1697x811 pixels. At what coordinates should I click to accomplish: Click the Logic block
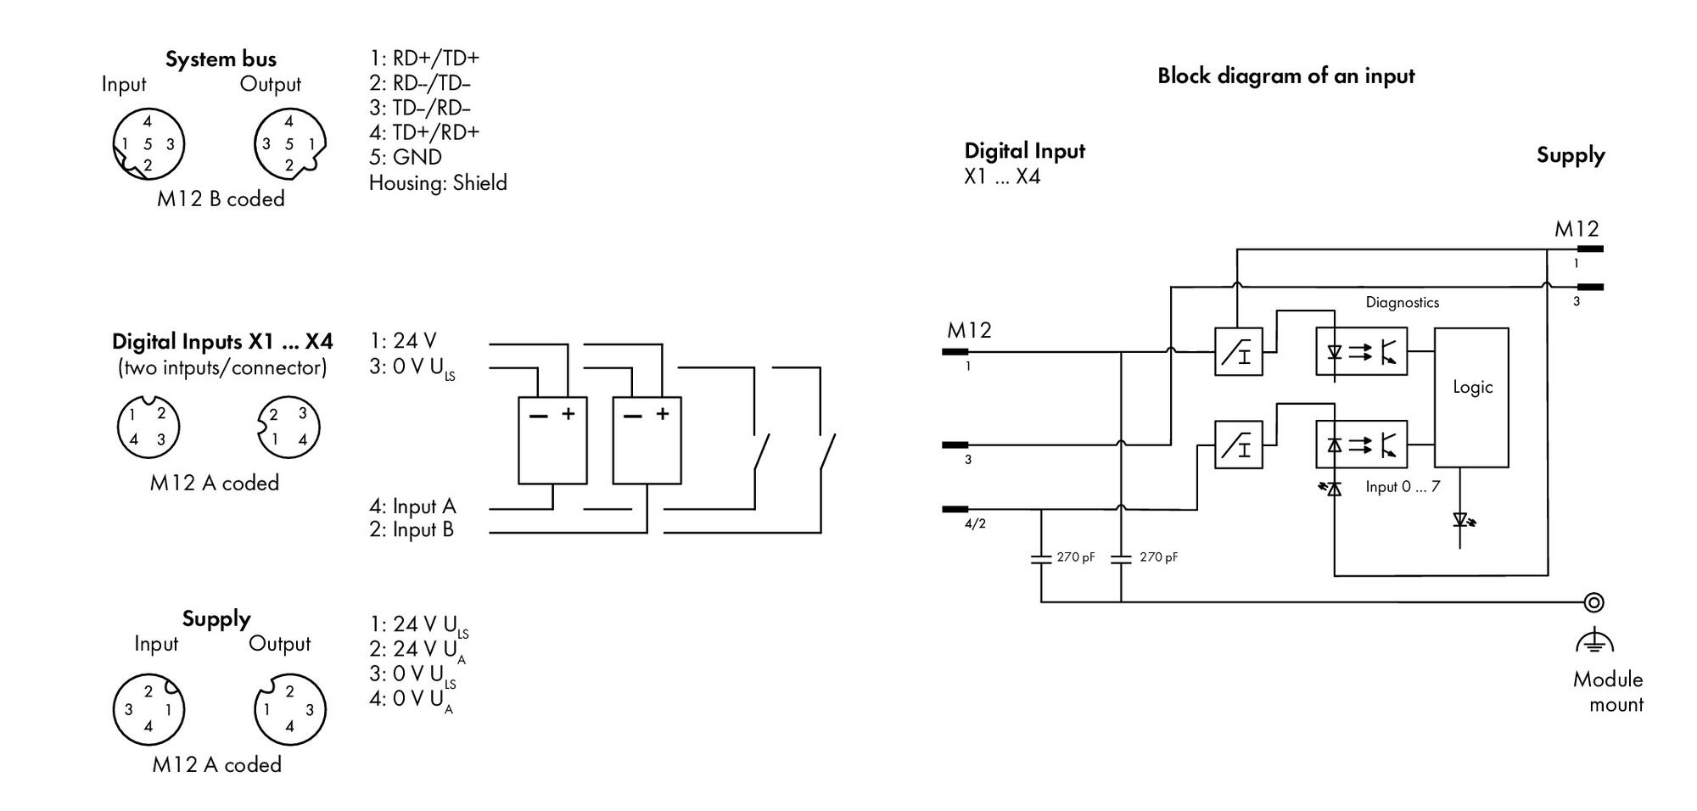tap(1471, 397)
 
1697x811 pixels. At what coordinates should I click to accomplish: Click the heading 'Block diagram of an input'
tap(1285, 76)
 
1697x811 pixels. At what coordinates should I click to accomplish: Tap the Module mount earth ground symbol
tap(1594, 641)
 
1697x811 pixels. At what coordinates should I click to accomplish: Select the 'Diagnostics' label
tap(1402, 302)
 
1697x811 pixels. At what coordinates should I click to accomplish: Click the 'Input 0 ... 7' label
tap(1402, 487)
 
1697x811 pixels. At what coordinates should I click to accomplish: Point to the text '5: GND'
tap(406, 157)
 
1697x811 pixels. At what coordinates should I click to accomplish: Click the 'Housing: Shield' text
tap(438, 182)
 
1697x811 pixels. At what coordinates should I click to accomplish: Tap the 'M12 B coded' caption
tap(221, 199)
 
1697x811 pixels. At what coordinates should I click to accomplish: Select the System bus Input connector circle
tap(148, 143)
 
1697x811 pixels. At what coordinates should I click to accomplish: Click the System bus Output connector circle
tap(290, 143)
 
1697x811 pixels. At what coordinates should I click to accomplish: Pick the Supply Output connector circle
tap(290, 709)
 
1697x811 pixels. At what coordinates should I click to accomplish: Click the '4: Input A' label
tap(412, 506)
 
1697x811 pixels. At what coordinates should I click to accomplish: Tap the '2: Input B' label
tap(412, 530)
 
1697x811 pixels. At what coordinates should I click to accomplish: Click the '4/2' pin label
tap(975, 523)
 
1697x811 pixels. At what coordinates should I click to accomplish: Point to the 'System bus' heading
tap(221, 59)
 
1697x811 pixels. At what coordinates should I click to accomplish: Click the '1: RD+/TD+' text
tap(424, 58)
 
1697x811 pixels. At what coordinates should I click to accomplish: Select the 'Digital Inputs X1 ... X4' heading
tap(222, 341)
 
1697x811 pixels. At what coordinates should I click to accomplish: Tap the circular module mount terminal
tap(1594, 602)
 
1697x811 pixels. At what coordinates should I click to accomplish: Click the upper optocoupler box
tap(1361, 351)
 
